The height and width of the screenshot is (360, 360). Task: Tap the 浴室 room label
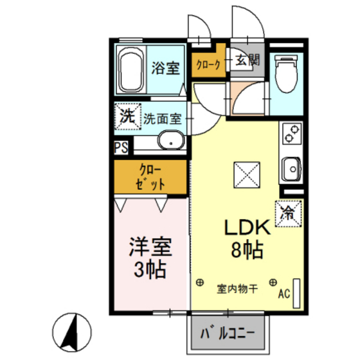[165, 68]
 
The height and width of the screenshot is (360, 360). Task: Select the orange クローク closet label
[208, 63]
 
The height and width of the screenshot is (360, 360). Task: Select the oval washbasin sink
[170, 139]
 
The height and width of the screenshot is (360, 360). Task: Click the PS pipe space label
[121, 147]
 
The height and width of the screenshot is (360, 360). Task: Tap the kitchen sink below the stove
[291, 170]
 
